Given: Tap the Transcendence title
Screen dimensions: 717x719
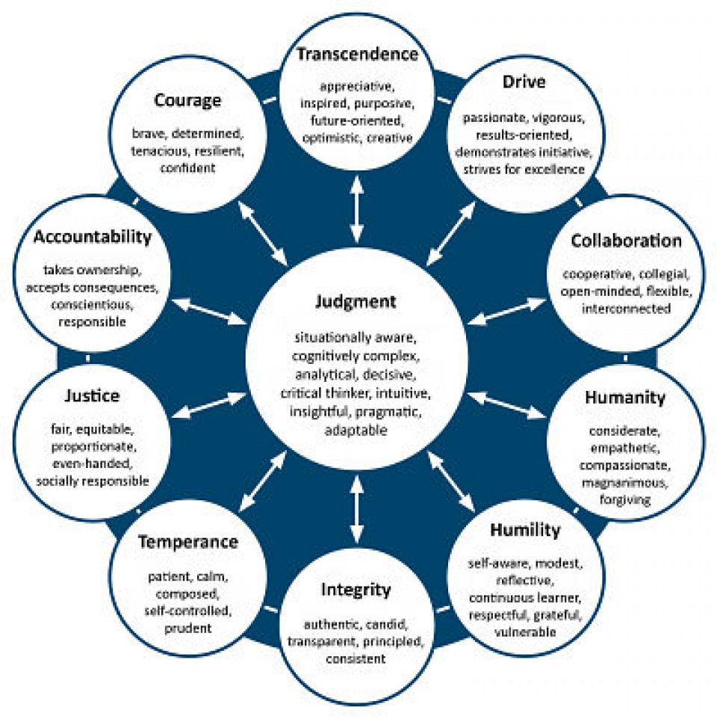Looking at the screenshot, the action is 357,54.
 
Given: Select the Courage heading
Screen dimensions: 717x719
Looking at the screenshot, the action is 187,100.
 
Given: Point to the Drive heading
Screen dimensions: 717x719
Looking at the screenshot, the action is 524,81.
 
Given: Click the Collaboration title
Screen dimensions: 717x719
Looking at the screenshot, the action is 626,241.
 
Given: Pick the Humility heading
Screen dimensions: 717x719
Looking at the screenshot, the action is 525,531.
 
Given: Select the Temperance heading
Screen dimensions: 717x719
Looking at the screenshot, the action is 188,543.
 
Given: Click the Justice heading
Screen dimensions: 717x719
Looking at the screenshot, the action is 92,395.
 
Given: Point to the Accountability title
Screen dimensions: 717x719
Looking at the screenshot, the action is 93,238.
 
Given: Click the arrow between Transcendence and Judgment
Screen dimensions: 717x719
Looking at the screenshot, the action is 357,209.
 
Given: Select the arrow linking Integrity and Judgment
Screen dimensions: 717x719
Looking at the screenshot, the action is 357,509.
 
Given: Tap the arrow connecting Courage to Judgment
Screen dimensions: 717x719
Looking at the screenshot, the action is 262,233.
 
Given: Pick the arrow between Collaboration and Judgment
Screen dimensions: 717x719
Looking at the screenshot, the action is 506,312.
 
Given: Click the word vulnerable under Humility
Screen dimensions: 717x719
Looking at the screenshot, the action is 525,632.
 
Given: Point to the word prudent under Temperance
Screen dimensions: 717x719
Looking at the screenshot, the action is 188,629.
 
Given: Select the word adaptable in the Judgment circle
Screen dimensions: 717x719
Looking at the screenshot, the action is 356,431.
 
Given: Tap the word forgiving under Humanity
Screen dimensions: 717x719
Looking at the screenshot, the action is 625,500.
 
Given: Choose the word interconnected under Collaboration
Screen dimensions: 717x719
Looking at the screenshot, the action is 627,309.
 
